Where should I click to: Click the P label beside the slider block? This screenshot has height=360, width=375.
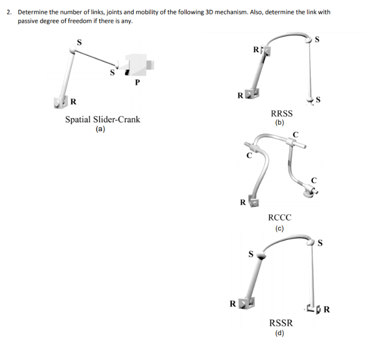click(x=137, y=83)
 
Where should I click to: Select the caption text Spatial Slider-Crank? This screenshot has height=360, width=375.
click(x=102, y=119)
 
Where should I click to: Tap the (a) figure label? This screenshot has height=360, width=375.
click(x=100, y=130)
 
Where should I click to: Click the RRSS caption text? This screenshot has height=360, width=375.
click(x=281, y=114)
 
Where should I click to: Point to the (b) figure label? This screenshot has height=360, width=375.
click(x=279, y=123)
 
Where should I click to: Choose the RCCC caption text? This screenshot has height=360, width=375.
click(x=279, y=218)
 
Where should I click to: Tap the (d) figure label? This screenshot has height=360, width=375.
click(x=280, y=333)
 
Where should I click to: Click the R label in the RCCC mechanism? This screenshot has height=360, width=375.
click(x=242, y=202)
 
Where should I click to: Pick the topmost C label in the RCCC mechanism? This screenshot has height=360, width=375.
click(x=295, y=135)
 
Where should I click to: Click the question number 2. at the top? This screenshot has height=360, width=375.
click(x=9, y=11)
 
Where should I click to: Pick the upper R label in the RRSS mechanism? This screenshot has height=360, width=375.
click(x=256, y=50)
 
